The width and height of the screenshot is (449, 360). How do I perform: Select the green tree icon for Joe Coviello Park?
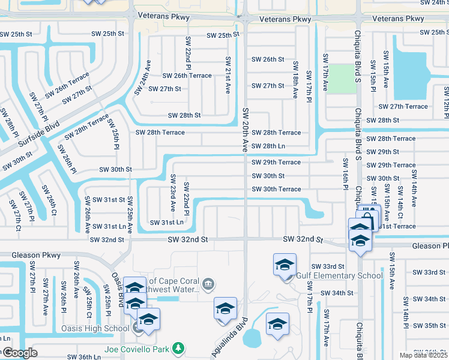[x=178, y=348]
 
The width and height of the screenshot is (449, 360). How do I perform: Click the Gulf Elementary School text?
[x=340, y=276]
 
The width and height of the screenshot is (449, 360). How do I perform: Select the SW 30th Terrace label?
[x=276, y=189]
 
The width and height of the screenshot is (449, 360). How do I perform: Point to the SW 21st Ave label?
[x=228, y=75]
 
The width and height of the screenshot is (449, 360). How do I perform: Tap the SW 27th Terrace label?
[x=403, y=107]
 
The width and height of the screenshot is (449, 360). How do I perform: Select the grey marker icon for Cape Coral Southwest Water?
[x=208, y=283]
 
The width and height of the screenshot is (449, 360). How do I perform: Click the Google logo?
[x=20, y=353]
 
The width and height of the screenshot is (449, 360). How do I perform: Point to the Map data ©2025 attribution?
[x=423, y=355]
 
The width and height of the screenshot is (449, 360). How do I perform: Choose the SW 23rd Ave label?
[x=173, y=193]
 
